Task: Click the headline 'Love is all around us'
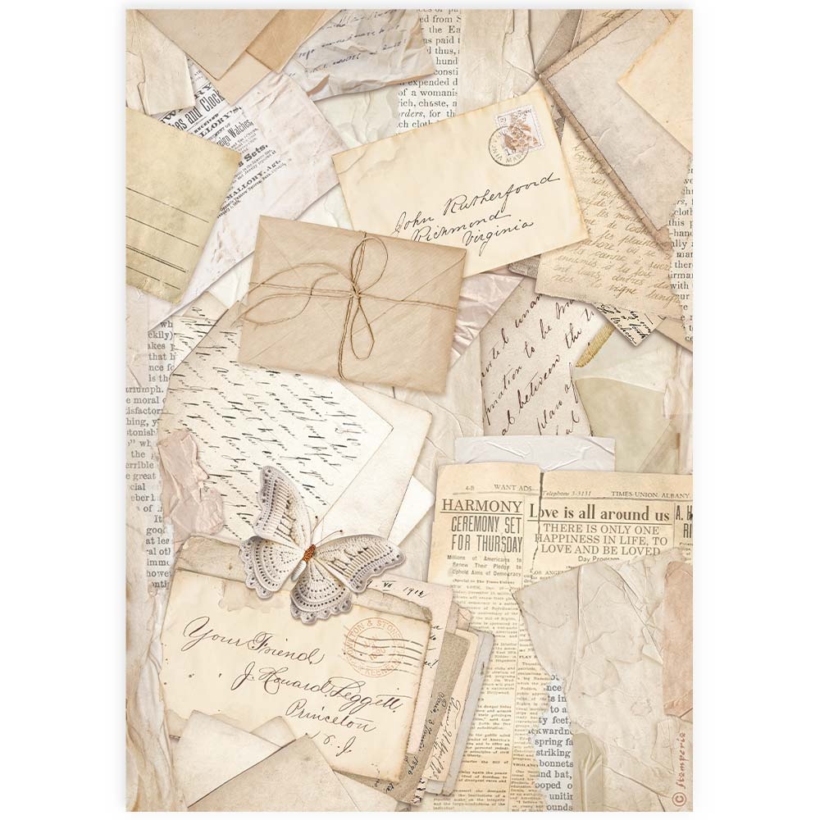click(x=599, y=514)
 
